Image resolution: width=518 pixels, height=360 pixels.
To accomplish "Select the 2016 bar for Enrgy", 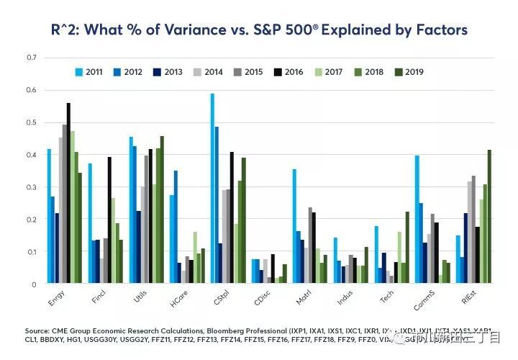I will [69, 194].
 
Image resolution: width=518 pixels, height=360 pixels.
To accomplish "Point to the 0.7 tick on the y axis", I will [31, 58].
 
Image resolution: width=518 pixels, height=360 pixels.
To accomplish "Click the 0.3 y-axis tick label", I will [31, 187].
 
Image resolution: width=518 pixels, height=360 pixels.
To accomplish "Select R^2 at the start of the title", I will [69, 30].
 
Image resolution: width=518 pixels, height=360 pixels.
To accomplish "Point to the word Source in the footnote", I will [40, 331].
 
